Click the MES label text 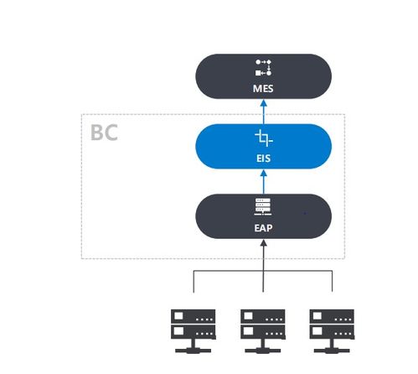click(263, 89)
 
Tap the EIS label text click(263, 158)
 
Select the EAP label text click(263, 228)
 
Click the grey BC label click(104, 132)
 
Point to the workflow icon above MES click(263, 67)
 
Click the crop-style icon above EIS click(264, 138)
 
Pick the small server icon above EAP click(263, 207)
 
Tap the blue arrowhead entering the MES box click(264, 103)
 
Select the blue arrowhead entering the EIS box click(264, 173)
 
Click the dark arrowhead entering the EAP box click(263, 242)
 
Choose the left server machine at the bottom click(194, 331)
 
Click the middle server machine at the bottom click(263, 331)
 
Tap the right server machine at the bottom click(332, 331)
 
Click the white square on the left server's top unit click(178, 316)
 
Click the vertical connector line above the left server click(194, 282)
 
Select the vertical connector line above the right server click(332, 281)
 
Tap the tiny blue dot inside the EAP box click(305, 213)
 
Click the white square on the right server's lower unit click(317, 331)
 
